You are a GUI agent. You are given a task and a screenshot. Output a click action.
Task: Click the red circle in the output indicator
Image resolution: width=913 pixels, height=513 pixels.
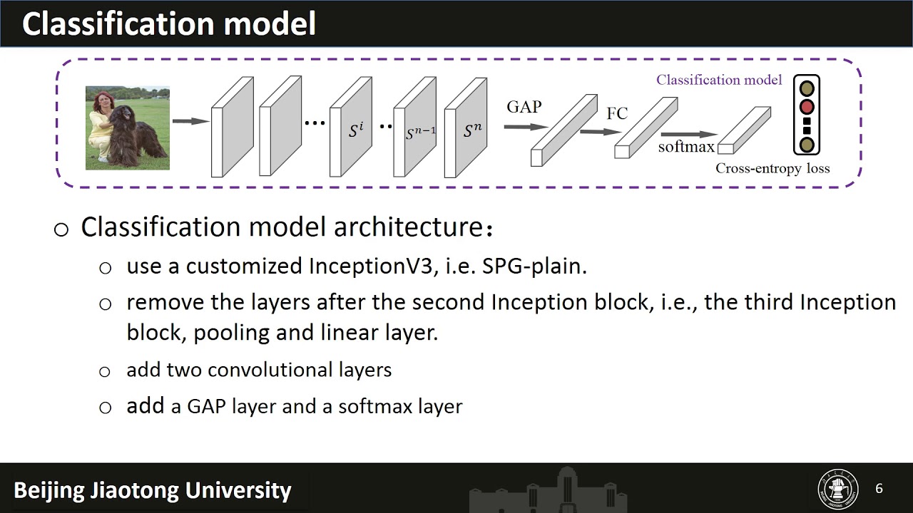[807, 108]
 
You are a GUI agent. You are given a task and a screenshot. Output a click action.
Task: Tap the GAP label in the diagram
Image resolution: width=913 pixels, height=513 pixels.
[524, 107]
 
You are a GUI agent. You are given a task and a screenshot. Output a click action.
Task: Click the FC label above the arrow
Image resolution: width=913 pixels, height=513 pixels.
[617, 113]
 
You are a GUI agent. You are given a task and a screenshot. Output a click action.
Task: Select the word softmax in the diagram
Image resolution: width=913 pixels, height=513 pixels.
[685, 147]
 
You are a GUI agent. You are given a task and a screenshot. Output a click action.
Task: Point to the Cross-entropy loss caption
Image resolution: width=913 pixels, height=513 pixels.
[772, 169]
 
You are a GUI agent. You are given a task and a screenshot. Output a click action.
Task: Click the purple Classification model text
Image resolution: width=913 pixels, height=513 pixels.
[719, 80]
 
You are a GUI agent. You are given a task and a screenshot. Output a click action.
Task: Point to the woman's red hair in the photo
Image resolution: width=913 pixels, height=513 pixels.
[99, 99]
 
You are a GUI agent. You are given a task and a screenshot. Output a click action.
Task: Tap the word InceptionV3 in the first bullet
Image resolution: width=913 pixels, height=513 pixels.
[370, 266]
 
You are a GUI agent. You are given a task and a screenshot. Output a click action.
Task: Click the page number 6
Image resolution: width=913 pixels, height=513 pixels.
[879, 488]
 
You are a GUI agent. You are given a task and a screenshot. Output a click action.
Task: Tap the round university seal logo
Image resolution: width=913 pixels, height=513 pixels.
[838, 489]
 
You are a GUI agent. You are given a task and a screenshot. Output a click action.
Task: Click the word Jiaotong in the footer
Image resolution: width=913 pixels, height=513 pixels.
[132, 491]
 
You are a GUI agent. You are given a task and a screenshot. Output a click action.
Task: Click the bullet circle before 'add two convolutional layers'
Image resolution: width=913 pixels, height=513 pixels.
[106, 372]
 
